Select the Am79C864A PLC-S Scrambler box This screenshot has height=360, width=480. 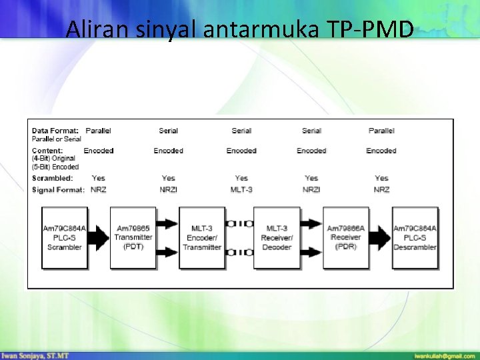pos(65,238)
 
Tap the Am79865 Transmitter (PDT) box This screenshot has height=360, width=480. pos(133,238)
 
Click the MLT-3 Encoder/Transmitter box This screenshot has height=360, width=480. pos(202,238)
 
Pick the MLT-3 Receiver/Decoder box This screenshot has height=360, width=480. pos(277,238)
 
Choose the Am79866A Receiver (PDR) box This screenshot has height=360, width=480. pos(345,238)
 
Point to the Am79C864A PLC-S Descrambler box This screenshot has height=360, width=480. pos(415,238)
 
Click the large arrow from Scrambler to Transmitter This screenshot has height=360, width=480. pos(99,238)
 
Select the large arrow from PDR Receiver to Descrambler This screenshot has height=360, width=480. pos(381,238)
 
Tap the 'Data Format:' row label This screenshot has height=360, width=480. pos(55,131)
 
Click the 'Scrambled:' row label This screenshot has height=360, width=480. pos(53,178)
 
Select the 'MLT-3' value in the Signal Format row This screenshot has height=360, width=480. pos(241,190)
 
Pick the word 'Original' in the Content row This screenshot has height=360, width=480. pos(65,159)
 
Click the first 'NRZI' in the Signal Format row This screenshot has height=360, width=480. pos(169,190)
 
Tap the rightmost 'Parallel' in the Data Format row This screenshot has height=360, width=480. pos(381,131)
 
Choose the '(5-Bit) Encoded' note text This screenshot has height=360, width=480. pos(55,167)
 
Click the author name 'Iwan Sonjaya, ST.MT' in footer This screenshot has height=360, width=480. pos(35,355)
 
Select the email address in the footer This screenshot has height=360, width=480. pos(443,355)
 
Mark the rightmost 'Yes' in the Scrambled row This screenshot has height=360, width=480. pos(381,178)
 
